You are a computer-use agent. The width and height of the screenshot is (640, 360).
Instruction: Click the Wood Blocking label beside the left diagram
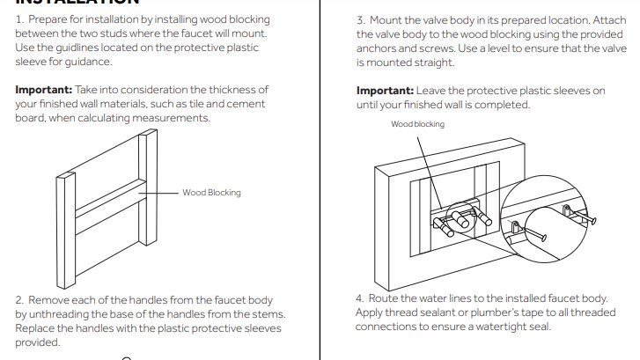pos(211,192)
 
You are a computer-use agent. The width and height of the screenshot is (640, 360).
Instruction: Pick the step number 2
pos(19,300)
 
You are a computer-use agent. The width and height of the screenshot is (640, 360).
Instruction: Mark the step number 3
pos(360,19)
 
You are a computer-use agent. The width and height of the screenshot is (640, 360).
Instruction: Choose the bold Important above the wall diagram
pos(385,90)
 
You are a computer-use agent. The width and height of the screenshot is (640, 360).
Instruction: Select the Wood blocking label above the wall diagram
pos(417,124)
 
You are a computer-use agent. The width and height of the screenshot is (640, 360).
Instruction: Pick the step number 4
pos(360,298)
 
